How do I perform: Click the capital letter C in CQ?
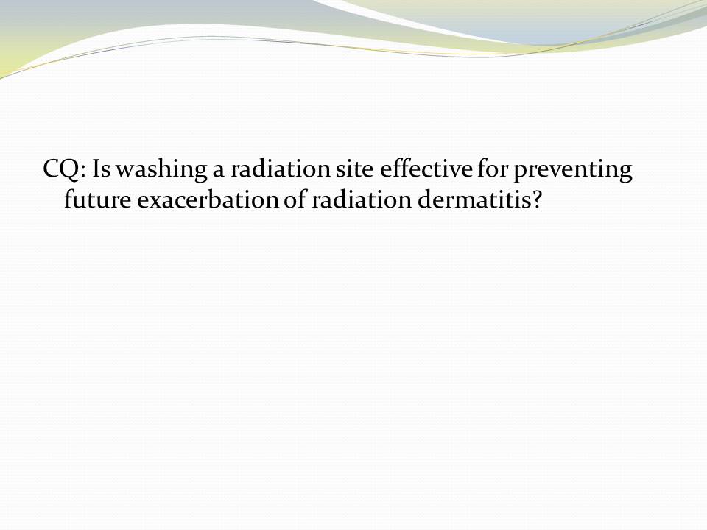click(51, 169)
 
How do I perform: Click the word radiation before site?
click(281, 169)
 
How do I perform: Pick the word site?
click(354, 169)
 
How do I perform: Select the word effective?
click(426, 169)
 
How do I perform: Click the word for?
click(493, 169)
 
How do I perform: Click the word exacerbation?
click(208, 199)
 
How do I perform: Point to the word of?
click(295, 199)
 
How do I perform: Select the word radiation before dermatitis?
click(361, 199)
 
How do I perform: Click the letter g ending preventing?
click(626, 175)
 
